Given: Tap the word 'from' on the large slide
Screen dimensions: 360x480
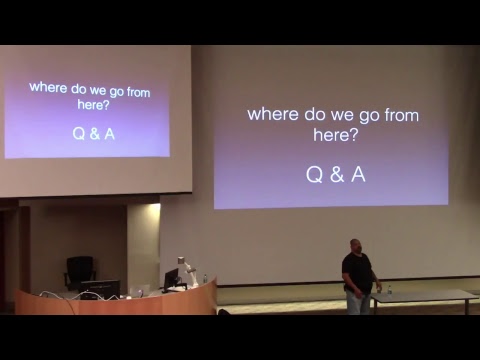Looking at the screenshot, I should point(399,114).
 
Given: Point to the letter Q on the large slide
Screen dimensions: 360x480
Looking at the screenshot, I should point(313,175).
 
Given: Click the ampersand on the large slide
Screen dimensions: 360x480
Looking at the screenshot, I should point(335,175).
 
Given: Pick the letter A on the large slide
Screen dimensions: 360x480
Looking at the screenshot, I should point(357,175).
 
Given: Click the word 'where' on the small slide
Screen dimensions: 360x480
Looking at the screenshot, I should point(46,87).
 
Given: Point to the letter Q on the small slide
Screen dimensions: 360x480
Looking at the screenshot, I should point(79,132).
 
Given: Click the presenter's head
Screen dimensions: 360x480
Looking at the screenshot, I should point(356,245).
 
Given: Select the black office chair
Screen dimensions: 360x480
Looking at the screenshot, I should point(79,269).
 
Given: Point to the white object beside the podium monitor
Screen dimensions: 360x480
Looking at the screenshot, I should point(183,269).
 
